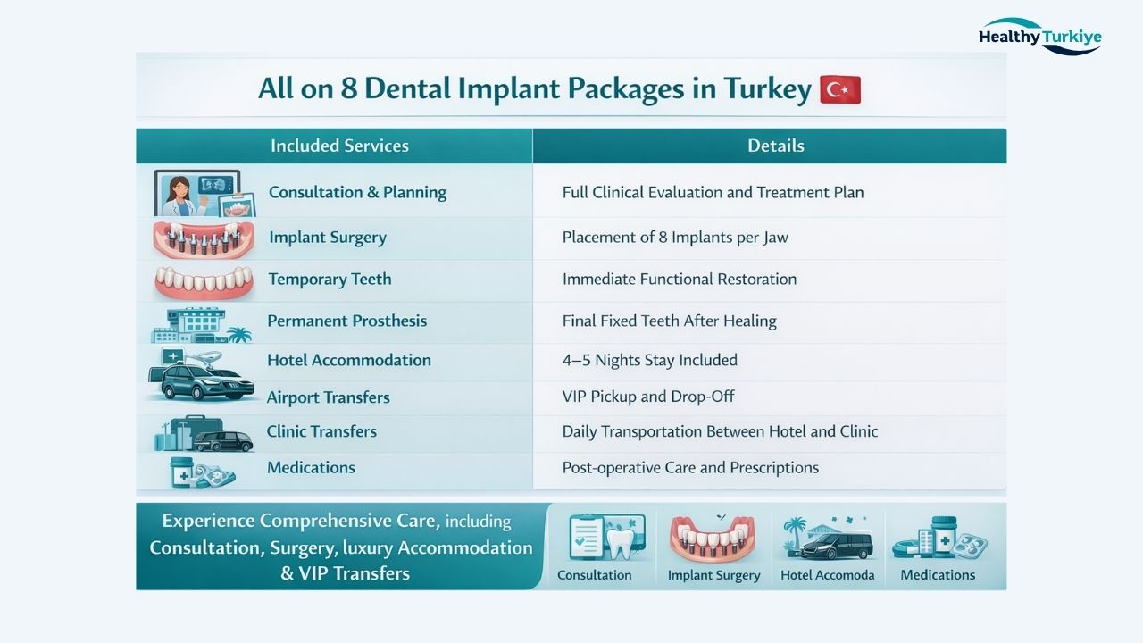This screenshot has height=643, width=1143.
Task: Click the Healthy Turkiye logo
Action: (x=1039, y=37)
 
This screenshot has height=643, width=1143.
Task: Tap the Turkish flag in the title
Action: (x=839, y=89)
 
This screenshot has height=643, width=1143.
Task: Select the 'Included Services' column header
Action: (x=339, y=146)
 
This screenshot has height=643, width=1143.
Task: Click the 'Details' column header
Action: (x=775, y=146)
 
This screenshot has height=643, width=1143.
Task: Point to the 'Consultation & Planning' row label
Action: (x=357, y=192)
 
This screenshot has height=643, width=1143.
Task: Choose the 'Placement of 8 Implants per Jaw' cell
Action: (x=674, y=238)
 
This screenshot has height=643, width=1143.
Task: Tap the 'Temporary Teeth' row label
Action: (x=330, y=279)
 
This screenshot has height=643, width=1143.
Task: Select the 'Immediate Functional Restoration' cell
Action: (x=679, y=279)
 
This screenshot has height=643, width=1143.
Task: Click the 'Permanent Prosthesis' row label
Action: (x=346, y=321)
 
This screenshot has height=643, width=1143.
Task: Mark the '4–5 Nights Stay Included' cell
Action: (x=649, y=360)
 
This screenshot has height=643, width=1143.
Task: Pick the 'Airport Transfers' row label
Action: (x=328, y=397)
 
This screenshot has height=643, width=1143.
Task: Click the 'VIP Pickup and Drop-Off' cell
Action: (x=648, y=397)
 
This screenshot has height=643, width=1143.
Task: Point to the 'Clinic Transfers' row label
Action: (x=321, y=431)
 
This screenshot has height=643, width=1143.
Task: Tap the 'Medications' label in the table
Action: (x=311, y=467)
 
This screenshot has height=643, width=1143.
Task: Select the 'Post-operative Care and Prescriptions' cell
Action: (x=689, y=467)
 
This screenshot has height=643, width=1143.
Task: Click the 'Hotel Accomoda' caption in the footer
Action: (x=827, y=575)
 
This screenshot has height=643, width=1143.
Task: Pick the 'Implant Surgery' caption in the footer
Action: (x=713, y=575)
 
